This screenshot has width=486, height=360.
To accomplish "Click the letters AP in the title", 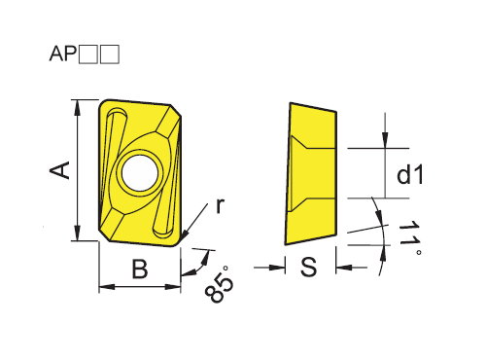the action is coord(63,54).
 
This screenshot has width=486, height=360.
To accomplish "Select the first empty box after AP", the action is coord(88,54).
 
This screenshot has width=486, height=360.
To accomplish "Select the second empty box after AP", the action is coord(110,54).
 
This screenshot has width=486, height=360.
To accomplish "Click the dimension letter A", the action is coord(60,170).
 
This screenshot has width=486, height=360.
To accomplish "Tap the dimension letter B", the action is coord(140,269).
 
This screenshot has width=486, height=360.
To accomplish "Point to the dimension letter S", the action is coord(308,267).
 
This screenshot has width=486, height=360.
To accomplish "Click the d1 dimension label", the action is coord(410,175).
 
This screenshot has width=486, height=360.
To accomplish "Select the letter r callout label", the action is coord(220,205).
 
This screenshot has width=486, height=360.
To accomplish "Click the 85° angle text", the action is coord(219,284).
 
